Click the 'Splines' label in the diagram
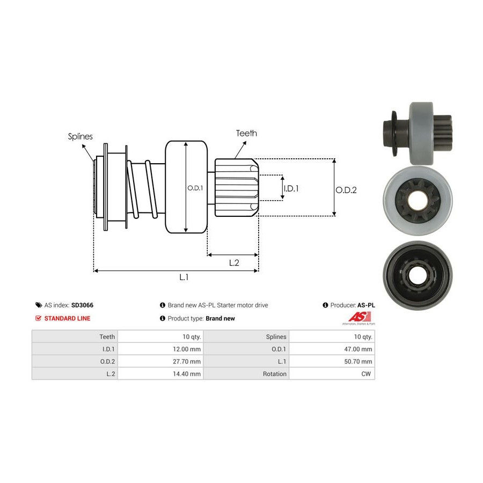click(x=80, y=136)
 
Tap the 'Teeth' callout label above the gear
click(x=246, y=133)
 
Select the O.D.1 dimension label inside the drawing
click(x=194, y=188)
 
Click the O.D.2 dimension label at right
click(x=346, y=189)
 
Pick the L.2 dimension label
click(x=234, y=262)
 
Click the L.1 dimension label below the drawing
click(x=184, y=277)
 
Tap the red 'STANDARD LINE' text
click(x=67, y=318)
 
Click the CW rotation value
click(x=367, y=374)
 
